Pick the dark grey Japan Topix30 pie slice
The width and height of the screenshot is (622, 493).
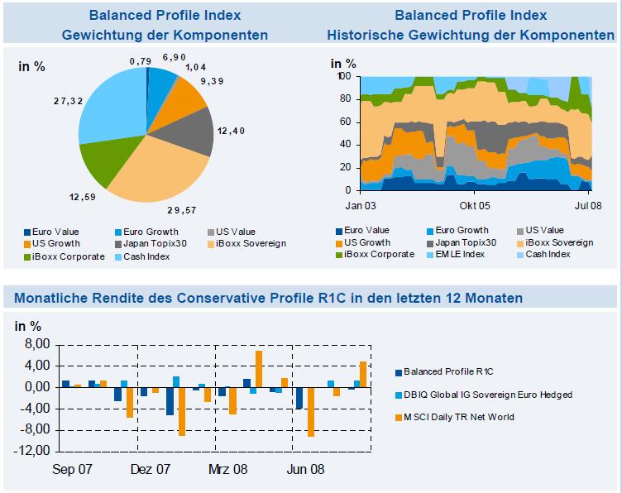(x=192, y=132)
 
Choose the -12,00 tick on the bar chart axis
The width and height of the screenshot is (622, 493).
(x=32, y=452)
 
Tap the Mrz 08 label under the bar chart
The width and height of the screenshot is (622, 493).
(x=227, y=468)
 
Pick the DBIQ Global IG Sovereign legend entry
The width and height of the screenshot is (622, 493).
(x=487, y=395)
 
